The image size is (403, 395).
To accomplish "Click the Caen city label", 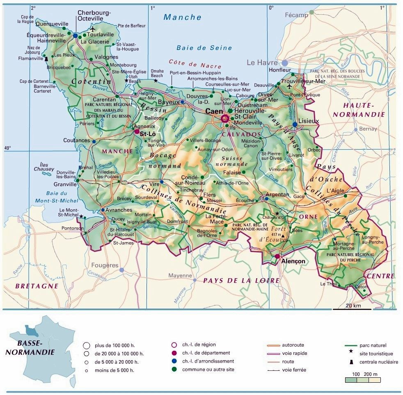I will coord(213,111).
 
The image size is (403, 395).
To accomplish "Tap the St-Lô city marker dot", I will coord(137,132).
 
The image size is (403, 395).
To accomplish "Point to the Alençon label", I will coord(294,261).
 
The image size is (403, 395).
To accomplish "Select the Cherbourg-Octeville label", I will coord(94,16).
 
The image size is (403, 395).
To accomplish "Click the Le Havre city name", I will coord(262,63).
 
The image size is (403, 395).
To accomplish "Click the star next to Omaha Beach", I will coord(156,81).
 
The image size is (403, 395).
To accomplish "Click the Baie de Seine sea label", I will coord(204,48).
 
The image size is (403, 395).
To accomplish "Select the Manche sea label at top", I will coord(183,17).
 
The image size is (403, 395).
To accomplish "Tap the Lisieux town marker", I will coord(295,125).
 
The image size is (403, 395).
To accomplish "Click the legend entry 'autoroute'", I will coord(293,345).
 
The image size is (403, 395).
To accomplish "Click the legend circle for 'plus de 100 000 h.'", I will coord(86,345).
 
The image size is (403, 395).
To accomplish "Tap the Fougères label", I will coord(105,266).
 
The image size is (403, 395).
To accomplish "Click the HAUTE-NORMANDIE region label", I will coord(359,110).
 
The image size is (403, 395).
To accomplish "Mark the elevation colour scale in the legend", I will coord(362,380).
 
